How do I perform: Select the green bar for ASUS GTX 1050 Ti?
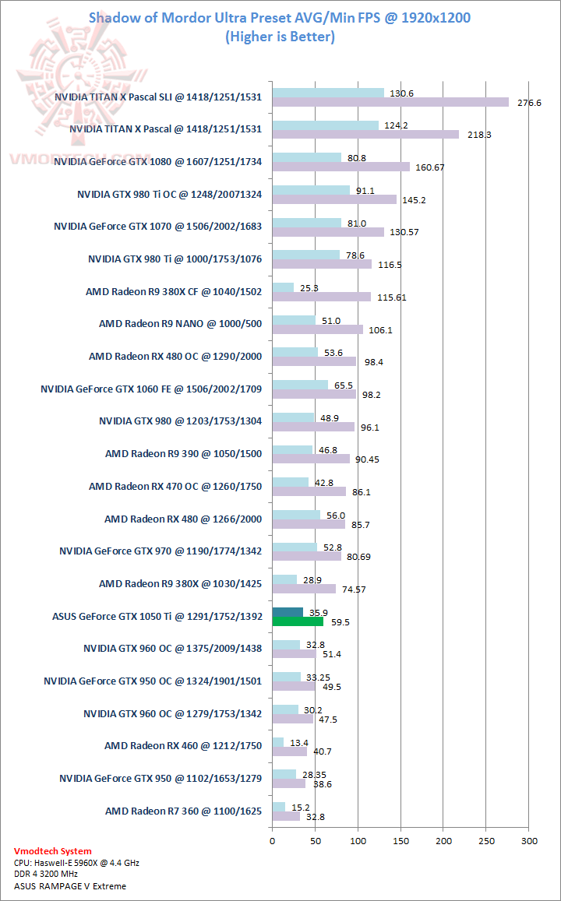298,621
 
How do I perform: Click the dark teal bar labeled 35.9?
288,612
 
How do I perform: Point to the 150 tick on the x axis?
401,841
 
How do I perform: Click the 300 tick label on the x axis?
530,841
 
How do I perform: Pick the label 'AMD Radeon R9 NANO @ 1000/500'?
180,323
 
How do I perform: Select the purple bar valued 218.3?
365,134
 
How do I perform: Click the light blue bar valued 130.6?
328,93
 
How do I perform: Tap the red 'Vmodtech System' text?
52,851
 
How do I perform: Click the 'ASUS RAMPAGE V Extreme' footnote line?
69,886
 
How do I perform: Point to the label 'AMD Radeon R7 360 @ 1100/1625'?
183,811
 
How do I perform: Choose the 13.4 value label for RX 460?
299,743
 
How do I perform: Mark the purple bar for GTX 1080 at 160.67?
340,167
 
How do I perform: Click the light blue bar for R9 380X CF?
283,288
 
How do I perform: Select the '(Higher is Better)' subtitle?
280,36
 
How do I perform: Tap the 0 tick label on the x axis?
272,841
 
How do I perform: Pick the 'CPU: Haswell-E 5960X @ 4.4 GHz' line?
76,863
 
